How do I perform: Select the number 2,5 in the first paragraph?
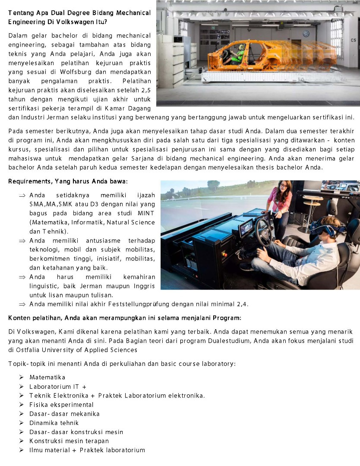(145, 90)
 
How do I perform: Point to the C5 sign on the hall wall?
(353, 40)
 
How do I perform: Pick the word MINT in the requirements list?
(146, 214)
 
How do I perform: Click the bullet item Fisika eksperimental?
(61, 405)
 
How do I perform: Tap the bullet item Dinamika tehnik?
(54, 423)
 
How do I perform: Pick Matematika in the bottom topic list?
(47, 378)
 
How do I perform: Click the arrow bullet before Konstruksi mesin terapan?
(21, 441)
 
